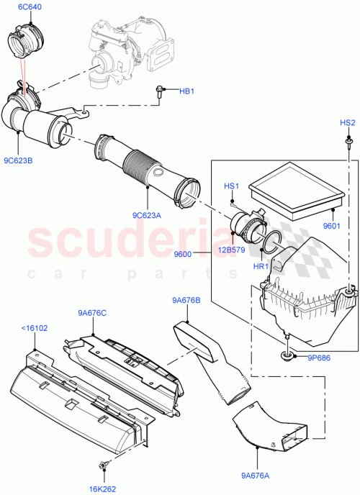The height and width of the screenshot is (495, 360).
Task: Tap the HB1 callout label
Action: point(186,91)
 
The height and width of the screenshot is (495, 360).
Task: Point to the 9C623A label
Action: point(147,213)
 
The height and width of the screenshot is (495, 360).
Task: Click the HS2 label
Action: point(348,123)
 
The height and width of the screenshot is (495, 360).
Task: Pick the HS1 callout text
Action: point(230,186)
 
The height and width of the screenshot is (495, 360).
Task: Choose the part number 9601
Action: point(331,225)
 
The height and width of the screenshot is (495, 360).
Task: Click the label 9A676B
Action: point(186,300)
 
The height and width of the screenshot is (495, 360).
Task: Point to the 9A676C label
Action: point(92,312)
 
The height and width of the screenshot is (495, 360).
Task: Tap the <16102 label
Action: point(35,327)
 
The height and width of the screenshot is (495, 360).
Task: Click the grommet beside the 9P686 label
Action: point(287,356)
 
